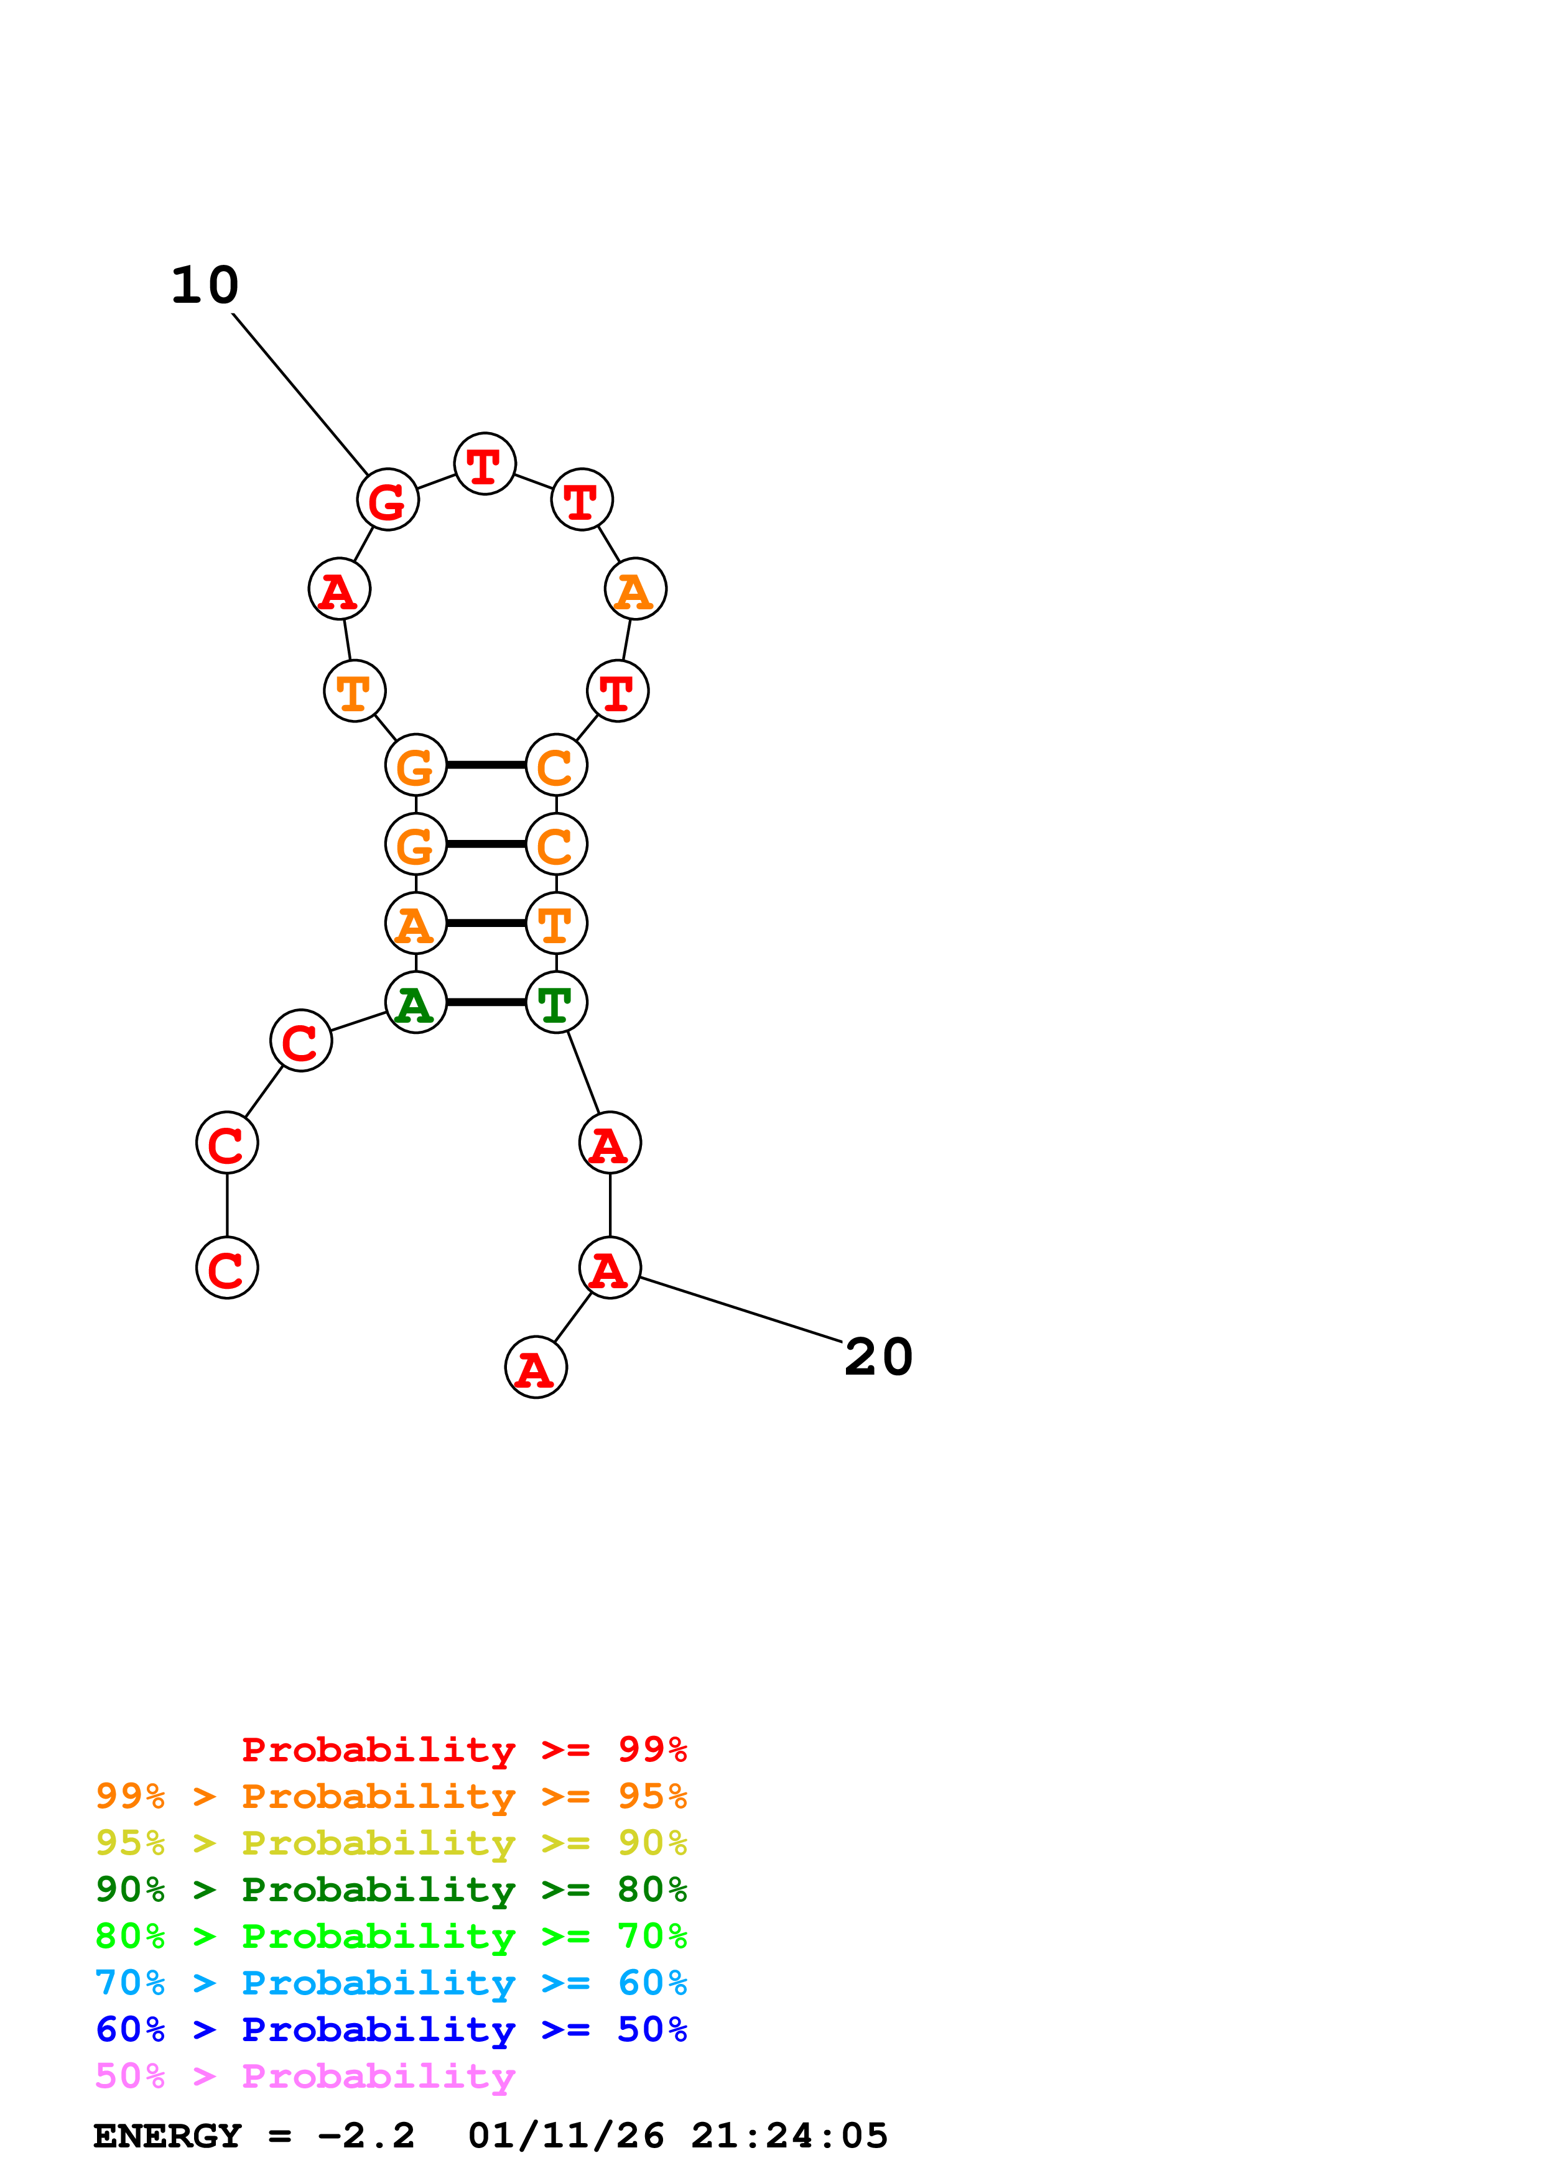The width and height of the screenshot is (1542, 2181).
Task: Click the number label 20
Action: (879, 1357)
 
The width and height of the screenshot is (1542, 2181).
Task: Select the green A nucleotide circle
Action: (415, 1003)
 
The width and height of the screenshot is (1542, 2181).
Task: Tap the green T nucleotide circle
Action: (556, 1003)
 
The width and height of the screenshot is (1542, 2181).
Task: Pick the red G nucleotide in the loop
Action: (388, 500)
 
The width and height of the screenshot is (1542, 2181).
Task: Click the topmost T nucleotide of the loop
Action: (485, 464)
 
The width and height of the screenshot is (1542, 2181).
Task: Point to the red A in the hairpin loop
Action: (339, 589)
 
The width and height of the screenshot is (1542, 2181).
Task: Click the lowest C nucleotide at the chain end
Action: (227, 1268)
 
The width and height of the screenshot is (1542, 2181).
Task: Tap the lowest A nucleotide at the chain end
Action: (536, 1368)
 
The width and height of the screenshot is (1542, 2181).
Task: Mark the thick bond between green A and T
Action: (486, 1002)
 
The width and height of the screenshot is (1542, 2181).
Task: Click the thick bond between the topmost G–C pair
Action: (486, 765)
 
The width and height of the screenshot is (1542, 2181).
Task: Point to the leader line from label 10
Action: (300, 394)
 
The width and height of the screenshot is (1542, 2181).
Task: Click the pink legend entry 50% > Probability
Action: (305, 2077)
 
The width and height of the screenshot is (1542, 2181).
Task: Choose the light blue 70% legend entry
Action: (391, 1983)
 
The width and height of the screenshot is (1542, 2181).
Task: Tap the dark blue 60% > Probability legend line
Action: (391, 2029)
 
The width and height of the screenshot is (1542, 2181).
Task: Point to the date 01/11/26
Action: (566, 2136)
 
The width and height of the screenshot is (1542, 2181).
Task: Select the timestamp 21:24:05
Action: (789, 2136)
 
